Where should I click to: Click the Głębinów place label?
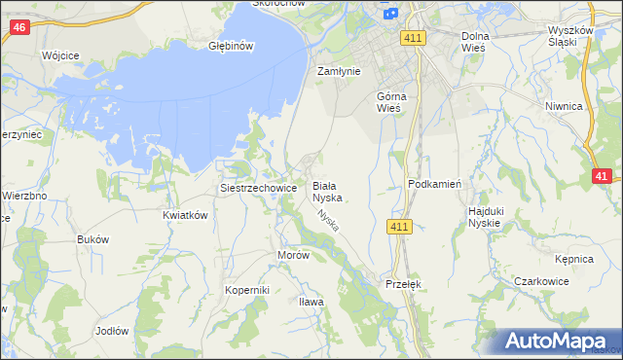coord(232,46)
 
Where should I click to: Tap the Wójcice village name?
coord(60,56)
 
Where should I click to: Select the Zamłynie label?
coord(340,71)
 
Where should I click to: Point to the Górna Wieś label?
coord(396,102)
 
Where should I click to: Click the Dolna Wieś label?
coord(480,41)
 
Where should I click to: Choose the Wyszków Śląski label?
coord(570,36)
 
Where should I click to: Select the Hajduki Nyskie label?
coord(484,216)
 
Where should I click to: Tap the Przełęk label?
coord(401,284)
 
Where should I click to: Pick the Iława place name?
coord(311,302)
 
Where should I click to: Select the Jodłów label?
coord(112,331)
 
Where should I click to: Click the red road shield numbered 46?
coord(20,28)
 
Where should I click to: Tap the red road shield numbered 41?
coord(603,176)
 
